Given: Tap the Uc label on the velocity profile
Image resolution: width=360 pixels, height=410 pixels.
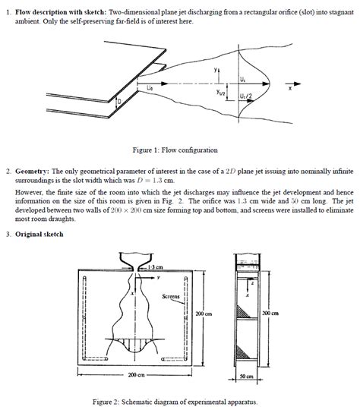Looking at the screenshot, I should coord(242,77).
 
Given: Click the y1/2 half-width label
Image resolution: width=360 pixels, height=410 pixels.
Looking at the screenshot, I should coord(220,93).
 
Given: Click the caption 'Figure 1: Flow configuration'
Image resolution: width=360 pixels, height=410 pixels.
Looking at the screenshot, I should coord(175,150).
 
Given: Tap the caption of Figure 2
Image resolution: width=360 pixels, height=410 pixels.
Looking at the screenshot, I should coord(175,401).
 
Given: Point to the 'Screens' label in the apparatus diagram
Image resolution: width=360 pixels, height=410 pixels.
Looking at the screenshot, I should coord(171,297).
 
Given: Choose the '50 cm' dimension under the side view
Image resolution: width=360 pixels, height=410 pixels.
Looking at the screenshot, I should coord(246,377).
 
